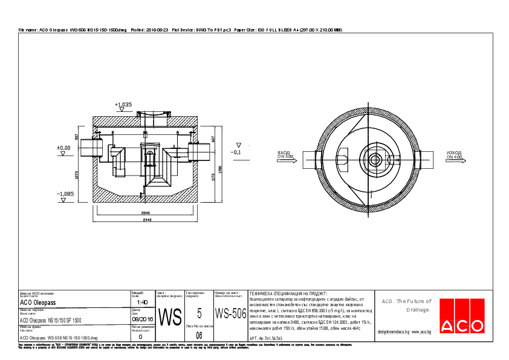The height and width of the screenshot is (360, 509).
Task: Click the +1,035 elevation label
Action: [123, 105]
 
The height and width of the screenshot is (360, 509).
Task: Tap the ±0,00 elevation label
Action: [63, 147]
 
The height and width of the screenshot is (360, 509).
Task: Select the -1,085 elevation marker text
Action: [65, 194]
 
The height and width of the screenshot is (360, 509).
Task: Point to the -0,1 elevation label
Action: [236, 152]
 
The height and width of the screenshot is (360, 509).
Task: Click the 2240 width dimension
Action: [146, 214]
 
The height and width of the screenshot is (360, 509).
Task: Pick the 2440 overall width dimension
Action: [146, 220]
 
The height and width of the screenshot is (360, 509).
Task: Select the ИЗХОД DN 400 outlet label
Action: [455, 155]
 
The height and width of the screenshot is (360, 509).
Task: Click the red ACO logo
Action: [462, 316]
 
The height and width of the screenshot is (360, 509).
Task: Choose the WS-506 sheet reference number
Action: [231, 314]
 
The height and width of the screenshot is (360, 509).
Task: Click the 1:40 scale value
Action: [142, 302]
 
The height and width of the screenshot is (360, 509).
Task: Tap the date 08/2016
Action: [143, 319]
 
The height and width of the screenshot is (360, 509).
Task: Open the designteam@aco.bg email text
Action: [394, 332]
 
